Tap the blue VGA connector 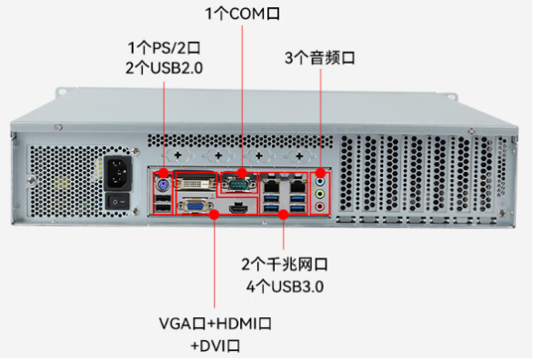click(194, 205)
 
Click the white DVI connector click(193, 179)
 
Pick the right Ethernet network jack click(297, 181)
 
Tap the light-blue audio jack click(319, 181)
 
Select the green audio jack click(319, 193)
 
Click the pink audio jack click(319, 205)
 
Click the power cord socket click(120, 171)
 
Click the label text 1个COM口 click(242, 14)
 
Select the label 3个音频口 click(320, 57)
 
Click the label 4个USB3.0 click(286, 287)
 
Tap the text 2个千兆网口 click(284, 265)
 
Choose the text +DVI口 click(215, 345)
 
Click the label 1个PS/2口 click(165, 46)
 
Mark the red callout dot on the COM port click(242, 172)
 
